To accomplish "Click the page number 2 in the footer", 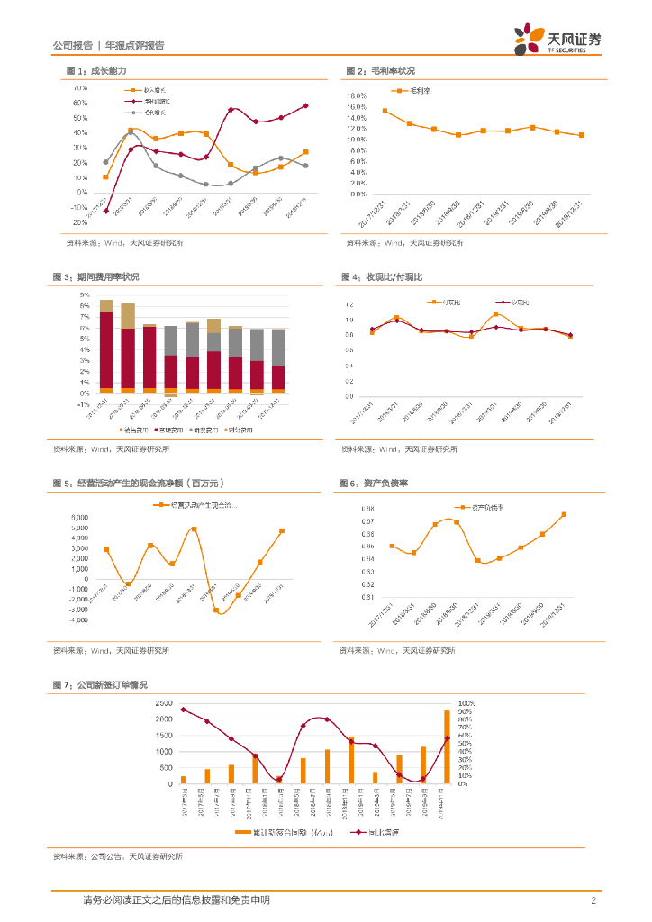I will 594,900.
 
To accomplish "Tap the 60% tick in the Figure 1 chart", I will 80,104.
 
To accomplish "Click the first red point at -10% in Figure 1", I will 106,211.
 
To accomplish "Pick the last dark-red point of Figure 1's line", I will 306,105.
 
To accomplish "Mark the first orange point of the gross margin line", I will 385,111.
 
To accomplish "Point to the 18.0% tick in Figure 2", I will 356,95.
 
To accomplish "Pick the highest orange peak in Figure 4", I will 495,314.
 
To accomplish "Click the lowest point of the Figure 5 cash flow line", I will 217,610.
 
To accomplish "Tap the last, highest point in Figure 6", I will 563,514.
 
